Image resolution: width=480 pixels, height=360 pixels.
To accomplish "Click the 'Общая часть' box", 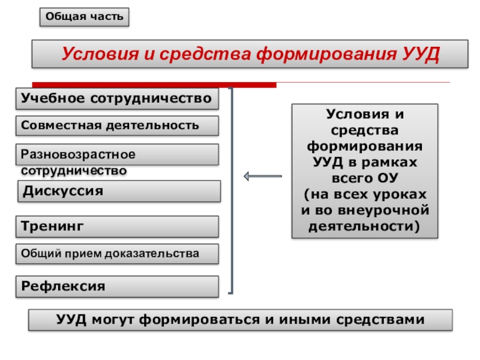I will click(x=85, y=17).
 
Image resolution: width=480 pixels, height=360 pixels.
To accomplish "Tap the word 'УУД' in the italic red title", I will click(x=420, y=55).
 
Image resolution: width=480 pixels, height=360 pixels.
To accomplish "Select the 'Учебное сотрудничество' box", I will click(x=117, y=98).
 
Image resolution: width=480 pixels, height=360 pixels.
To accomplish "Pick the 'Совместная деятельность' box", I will click(x=117, y=125).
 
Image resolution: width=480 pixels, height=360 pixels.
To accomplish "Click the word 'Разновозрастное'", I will click(x=79, y=154).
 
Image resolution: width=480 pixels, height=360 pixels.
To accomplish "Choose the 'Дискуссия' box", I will click(x=117, y=191).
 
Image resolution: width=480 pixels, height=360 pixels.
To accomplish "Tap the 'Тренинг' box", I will click(x=117, y=226).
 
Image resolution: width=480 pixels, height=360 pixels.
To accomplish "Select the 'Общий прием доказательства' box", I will click(x=117, y=254).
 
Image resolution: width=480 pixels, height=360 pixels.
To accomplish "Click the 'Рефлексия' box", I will click(x=117, y=286).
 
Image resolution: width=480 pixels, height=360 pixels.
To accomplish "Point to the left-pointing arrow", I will click(x=262, y=176).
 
